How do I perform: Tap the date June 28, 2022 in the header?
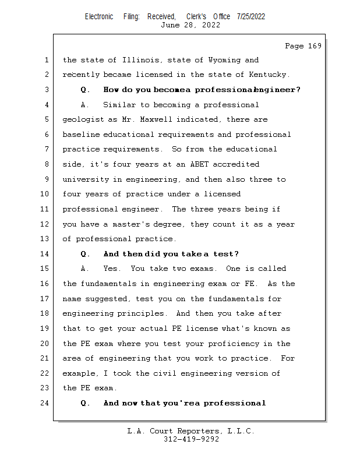pos(191,25)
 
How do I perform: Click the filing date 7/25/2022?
pos(251,16)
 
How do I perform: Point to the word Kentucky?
pos(269,75)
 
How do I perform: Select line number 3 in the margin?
pos(47,90)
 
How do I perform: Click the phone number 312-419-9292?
pos(191,439)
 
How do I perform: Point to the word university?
pos(85,179)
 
